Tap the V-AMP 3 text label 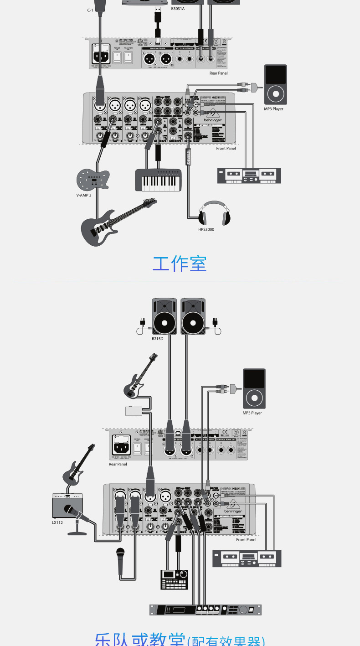click(83, 195)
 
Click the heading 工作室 click(180, 264)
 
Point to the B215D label click(157, 339)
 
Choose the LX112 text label click(57, 522)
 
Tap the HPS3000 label click(206, 229)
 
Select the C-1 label click(90, 10)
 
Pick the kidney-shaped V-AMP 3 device click(93, 179)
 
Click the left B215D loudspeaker click(164, 316)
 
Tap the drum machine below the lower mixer click(174, 579)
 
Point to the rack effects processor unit click(206, 610)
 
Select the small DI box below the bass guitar click(135, 410)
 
